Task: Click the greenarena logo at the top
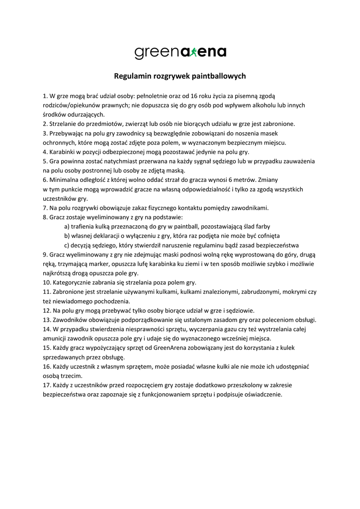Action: click(180, 52)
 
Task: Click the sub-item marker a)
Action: click(67, 226)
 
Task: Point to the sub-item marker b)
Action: click(67, 236)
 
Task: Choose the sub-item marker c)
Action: click(67, 245)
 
